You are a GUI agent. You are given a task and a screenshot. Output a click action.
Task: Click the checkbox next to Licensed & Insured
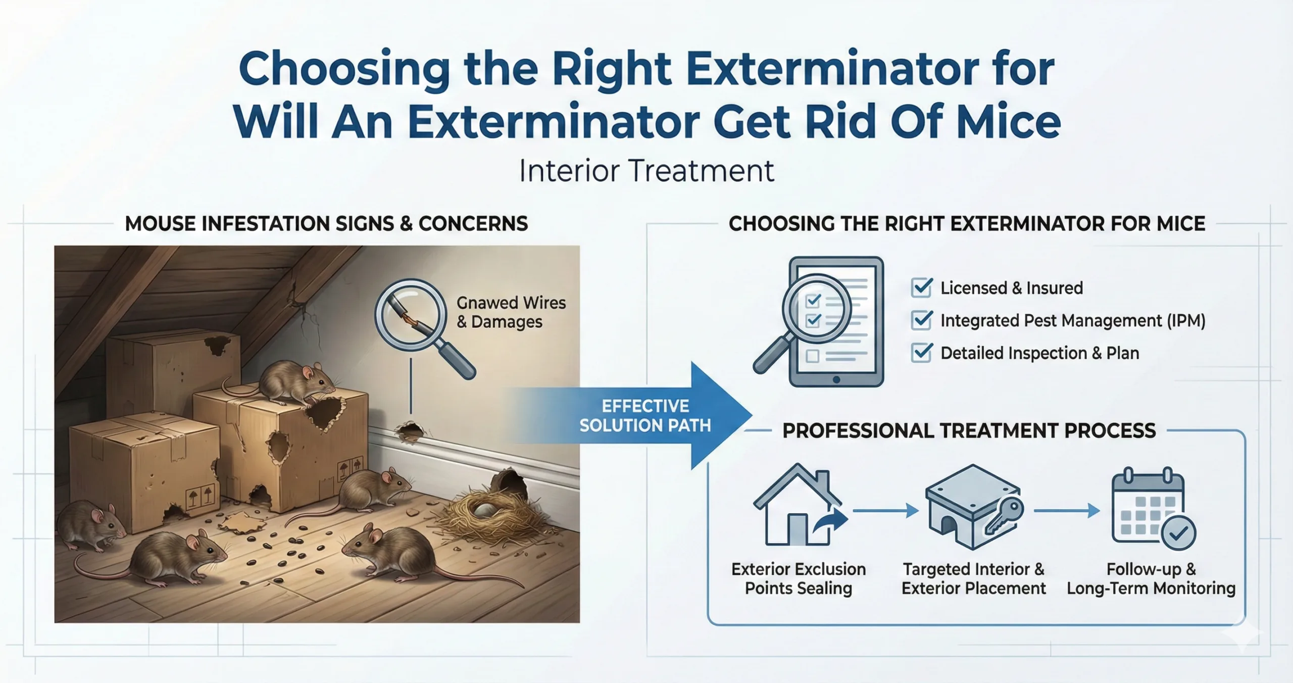click(922, 287)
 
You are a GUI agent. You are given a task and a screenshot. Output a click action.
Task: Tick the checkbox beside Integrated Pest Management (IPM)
click(922, 320)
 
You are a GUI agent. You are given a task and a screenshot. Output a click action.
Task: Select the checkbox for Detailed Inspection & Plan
click(922, 353)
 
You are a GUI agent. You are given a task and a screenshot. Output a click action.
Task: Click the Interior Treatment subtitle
click(646, 171)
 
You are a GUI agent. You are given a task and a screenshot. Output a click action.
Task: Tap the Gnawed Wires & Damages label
click(511, 312)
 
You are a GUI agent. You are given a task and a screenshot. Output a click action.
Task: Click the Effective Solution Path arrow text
click(645, 416)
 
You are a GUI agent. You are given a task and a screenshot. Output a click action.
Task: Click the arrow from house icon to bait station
click(885, 511)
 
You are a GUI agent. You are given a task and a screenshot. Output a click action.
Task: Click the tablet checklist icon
click(836, 322)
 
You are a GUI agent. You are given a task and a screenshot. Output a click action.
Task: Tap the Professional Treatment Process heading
click(969, 431)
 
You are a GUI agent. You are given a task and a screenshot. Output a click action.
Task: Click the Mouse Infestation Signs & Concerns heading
click(326, 224)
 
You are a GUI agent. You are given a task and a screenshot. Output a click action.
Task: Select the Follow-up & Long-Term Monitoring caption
click(1151, 578)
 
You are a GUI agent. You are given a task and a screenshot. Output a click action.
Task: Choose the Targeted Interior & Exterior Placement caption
click(973, 578)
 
